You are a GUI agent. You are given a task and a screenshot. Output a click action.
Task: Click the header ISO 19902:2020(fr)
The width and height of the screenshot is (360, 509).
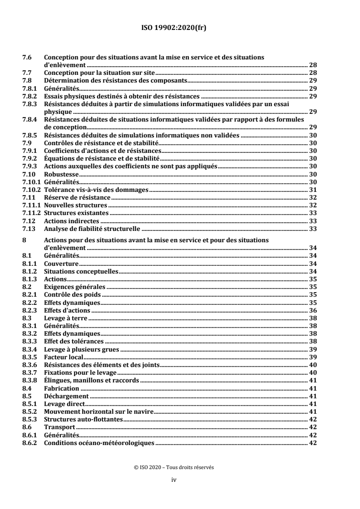pyautogui.click(x=180, y=27)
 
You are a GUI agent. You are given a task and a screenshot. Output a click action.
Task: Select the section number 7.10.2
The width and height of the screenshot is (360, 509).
pyautogui.click(x=31, y=190)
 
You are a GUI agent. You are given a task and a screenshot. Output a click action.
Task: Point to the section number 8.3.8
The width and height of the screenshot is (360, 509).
pyautogui.click(x=29, y=380)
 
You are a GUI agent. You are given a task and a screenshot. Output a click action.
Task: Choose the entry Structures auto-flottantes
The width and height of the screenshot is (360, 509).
pyautogui.click(x=84, y=419)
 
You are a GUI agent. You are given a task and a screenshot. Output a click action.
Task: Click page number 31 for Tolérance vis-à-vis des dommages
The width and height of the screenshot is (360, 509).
pyautogui.click(x=312, y=190)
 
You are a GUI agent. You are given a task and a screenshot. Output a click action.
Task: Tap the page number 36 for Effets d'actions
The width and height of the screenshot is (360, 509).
pyautogui.click(x=312, y=311)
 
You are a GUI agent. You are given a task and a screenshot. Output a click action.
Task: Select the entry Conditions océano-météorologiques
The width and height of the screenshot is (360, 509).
pyautogui.click(x=99, y=443)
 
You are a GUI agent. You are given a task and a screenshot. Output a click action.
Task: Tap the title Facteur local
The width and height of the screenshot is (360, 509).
pyautogui.click(x=64, y=357)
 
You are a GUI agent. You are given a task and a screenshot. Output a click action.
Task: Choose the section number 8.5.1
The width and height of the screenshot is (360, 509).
pyautogui.click(x=29, y=404)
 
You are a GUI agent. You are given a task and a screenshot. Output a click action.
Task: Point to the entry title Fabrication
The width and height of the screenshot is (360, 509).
pyautogui.click(x=61, y=388)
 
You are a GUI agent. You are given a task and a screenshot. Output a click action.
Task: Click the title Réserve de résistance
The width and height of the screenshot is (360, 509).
pyautogui.click(x=77, y=197)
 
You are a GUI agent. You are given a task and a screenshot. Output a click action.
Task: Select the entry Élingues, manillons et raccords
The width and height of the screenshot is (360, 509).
pyautogui.click(x=91, y=380)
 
